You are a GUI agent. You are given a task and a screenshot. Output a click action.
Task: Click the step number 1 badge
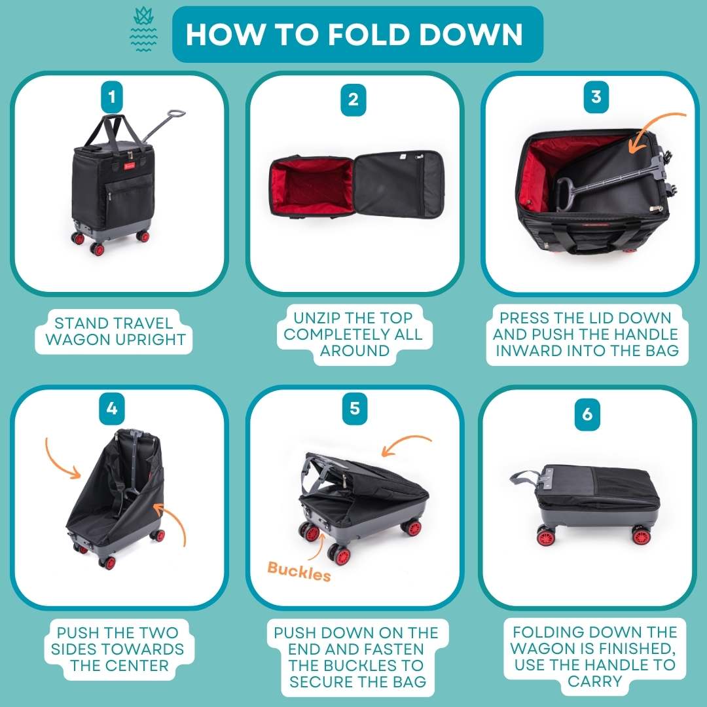112,97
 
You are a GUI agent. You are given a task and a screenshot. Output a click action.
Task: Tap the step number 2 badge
353,100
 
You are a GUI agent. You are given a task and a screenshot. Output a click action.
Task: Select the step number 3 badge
596,96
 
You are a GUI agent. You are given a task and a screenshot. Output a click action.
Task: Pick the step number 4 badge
112,408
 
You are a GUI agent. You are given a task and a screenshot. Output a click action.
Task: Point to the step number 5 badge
355,408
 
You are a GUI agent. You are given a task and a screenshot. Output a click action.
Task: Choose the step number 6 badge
587,414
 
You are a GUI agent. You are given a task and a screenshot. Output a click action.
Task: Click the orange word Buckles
299,571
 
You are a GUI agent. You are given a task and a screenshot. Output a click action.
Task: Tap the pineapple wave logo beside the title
143,29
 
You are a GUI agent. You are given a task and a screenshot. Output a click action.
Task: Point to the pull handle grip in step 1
176,113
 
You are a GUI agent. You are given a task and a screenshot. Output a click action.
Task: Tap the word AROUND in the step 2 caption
354,350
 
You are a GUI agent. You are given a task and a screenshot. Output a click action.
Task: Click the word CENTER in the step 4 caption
141,665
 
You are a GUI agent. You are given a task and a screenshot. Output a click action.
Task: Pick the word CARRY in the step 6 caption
594,681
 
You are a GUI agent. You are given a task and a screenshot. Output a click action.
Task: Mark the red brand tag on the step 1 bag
130,166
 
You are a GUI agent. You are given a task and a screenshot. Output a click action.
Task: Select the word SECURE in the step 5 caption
316,681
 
